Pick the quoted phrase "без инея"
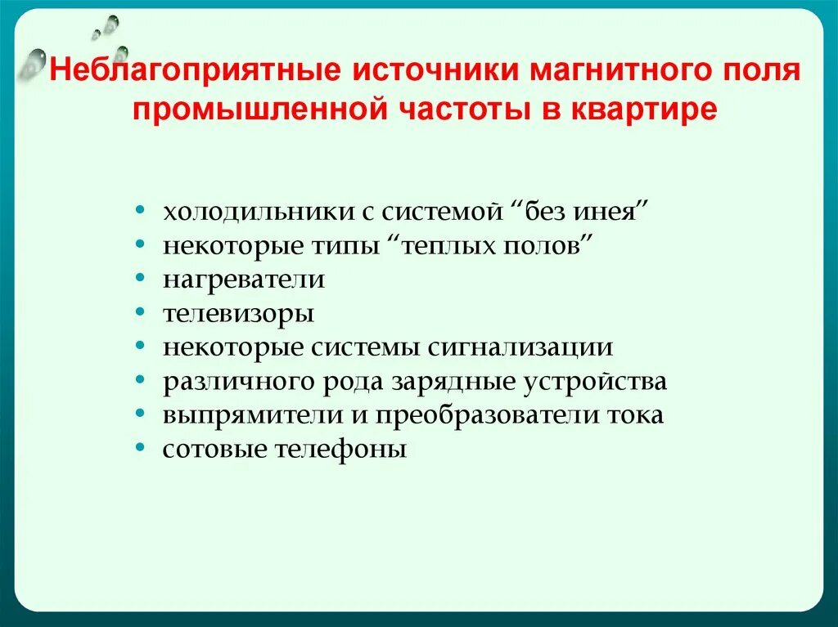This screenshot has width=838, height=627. (x=580, y=212)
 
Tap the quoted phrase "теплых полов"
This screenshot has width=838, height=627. (x=496, y=246)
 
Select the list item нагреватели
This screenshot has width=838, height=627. (x=243, y=280)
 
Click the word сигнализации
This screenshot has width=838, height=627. (x=520, y=347)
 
